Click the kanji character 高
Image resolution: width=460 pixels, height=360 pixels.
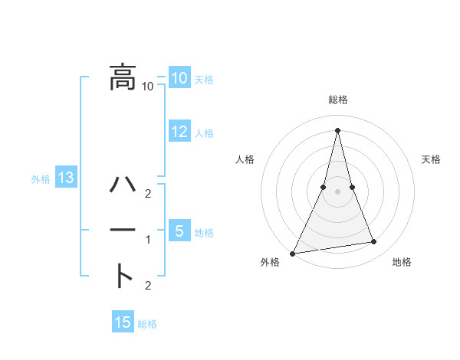[123, 77]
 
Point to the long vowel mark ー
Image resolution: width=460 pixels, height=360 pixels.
[123, 231]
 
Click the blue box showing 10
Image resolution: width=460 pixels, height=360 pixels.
[179, 78]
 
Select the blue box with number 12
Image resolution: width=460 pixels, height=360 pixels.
[179, 132]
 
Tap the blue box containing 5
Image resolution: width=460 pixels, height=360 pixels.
[179, 231]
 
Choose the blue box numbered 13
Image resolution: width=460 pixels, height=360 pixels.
[66, 178]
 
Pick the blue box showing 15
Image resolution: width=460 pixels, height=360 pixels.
[123, 322]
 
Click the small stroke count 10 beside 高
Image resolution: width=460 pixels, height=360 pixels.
[148, 87]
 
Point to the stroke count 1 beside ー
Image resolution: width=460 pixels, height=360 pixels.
[148, 240]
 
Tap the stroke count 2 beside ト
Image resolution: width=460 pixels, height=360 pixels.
[148, 286]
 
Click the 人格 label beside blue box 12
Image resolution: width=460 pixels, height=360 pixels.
[204, 133]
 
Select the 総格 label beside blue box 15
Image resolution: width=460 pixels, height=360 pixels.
[147, 324]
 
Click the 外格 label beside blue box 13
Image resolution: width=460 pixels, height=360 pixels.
[41, 180]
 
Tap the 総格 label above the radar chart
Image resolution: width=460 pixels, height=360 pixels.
[337, 100]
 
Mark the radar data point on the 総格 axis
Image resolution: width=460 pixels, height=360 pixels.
[337, 130]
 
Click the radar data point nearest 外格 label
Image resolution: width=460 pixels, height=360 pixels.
[293, 254]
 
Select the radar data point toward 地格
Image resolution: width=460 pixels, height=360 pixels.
[374, 242]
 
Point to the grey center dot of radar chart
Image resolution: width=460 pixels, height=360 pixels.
[337, 191]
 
